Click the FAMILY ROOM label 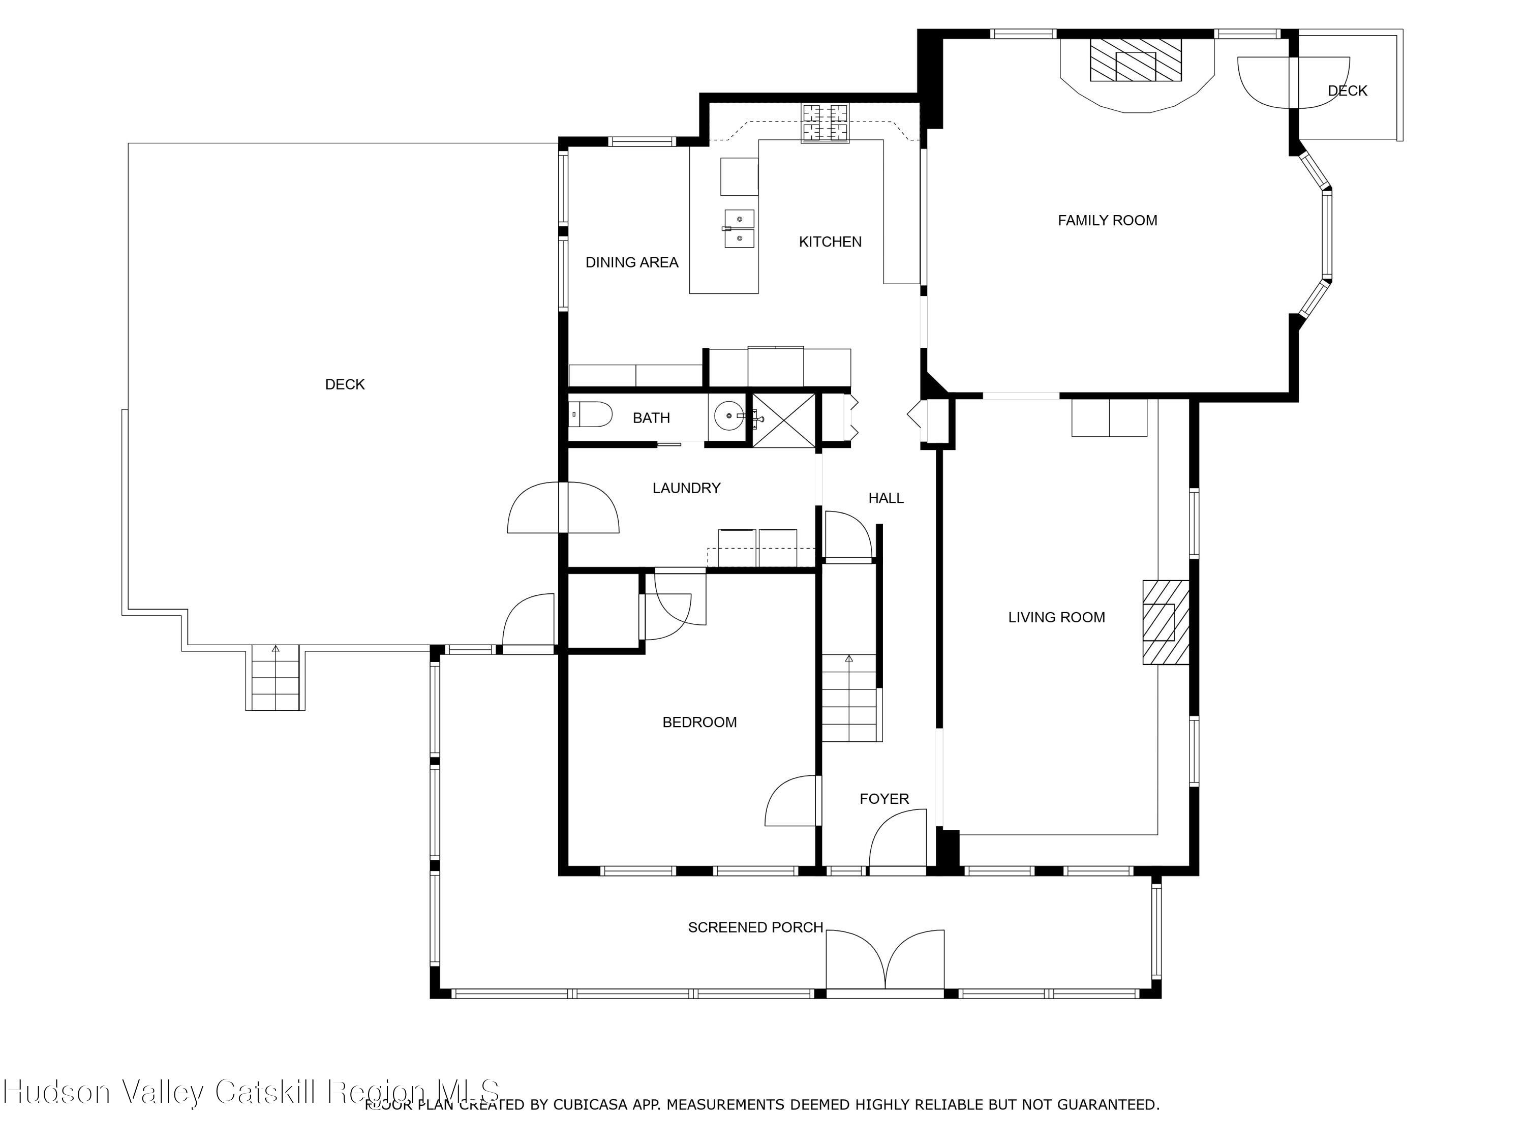click(1107, 221)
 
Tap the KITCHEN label click(830, 242)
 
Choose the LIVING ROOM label click(1056, 618)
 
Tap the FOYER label click(884, 799)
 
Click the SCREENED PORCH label click(755, 927)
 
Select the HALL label click(886, 498)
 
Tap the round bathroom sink click(729, 416)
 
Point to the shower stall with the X click(783, 420)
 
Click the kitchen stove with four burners click(825, 124)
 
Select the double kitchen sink click(739, 229)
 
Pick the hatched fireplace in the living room click(1166, 622)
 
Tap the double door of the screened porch click(885, 962)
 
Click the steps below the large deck click(275, 678)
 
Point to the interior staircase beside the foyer click(851, 698)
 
